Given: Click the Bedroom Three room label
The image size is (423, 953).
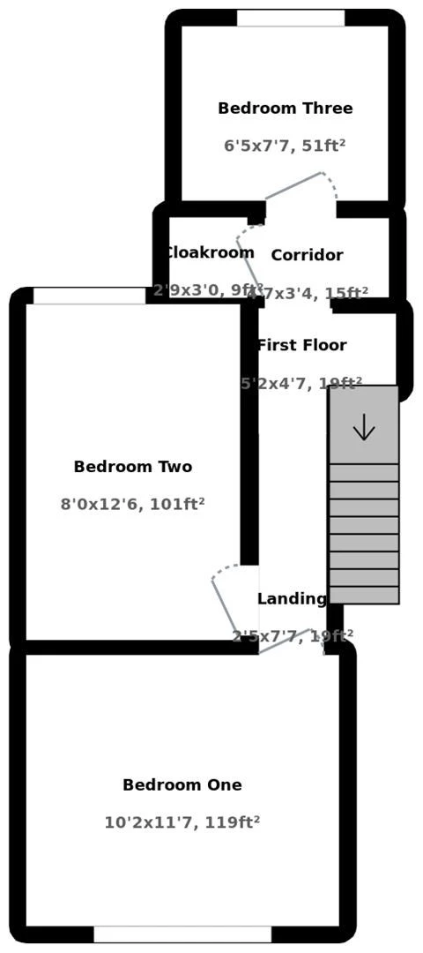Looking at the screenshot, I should tap(285, 109).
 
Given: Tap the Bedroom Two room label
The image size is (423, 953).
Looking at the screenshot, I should tap(132, 467).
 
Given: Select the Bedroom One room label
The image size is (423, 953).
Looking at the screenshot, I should tap(182, 784).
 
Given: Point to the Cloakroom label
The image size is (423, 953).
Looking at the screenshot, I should tap(210, 252).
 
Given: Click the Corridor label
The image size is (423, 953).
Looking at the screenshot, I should tap(307, 255).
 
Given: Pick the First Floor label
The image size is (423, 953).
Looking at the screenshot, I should tap(302, 345).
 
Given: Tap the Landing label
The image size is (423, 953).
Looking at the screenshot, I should tap(292, 598).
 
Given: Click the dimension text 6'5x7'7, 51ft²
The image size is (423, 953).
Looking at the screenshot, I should tap(285, 146).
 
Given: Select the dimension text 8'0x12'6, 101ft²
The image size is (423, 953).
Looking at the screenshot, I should tap(132, 504).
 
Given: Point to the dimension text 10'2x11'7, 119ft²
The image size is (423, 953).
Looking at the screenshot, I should tap(182, 822).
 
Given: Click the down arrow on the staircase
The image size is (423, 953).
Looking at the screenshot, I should tap(364, 428).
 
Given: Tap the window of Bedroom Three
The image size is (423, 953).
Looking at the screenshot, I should tap(290, 18).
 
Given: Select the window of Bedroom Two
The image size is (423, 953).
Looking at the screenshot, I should tap(89, 296).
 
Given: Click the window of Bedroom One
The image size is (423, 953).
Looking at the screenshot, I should tap(182, 934).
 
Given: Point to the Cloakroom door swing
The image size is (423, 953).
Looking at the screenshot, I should tap(250, 256).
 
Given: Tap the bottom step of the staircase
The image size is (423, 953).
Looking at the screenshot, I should tap(364, 595).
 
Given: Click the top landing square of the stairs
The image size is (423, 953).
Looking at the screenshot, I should tap(364, 424).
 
